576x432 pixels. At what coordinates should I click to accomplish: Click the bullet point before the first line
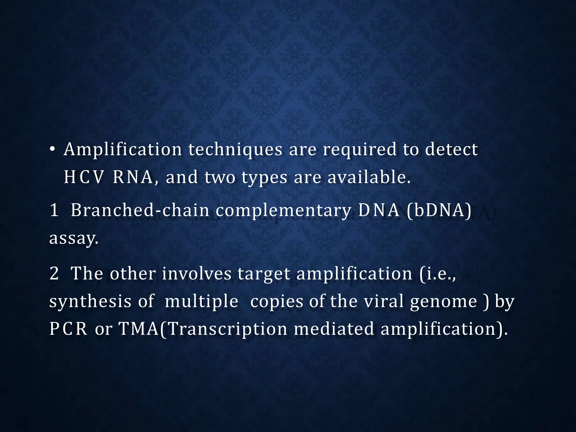coord(52,150)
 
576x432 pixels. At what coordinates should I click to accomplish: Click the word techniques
coord(235,150)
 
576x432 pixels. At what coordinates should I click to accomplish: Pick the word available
coord(369,177)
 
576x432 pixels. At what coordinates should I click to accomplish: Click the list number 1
coord(54,210)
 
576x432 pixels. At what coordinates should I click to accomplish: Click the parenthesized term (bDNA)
coord(439,210)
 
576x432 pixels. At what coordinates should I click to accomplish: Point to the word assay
coord(74,238)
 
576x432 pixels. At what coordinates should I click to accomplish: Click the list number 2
coord(54,273)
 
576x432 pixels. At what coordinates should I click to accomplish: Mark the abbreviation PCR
coord(68,329)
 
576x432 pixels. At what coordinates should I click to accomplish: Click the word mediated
coord(334,329)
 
